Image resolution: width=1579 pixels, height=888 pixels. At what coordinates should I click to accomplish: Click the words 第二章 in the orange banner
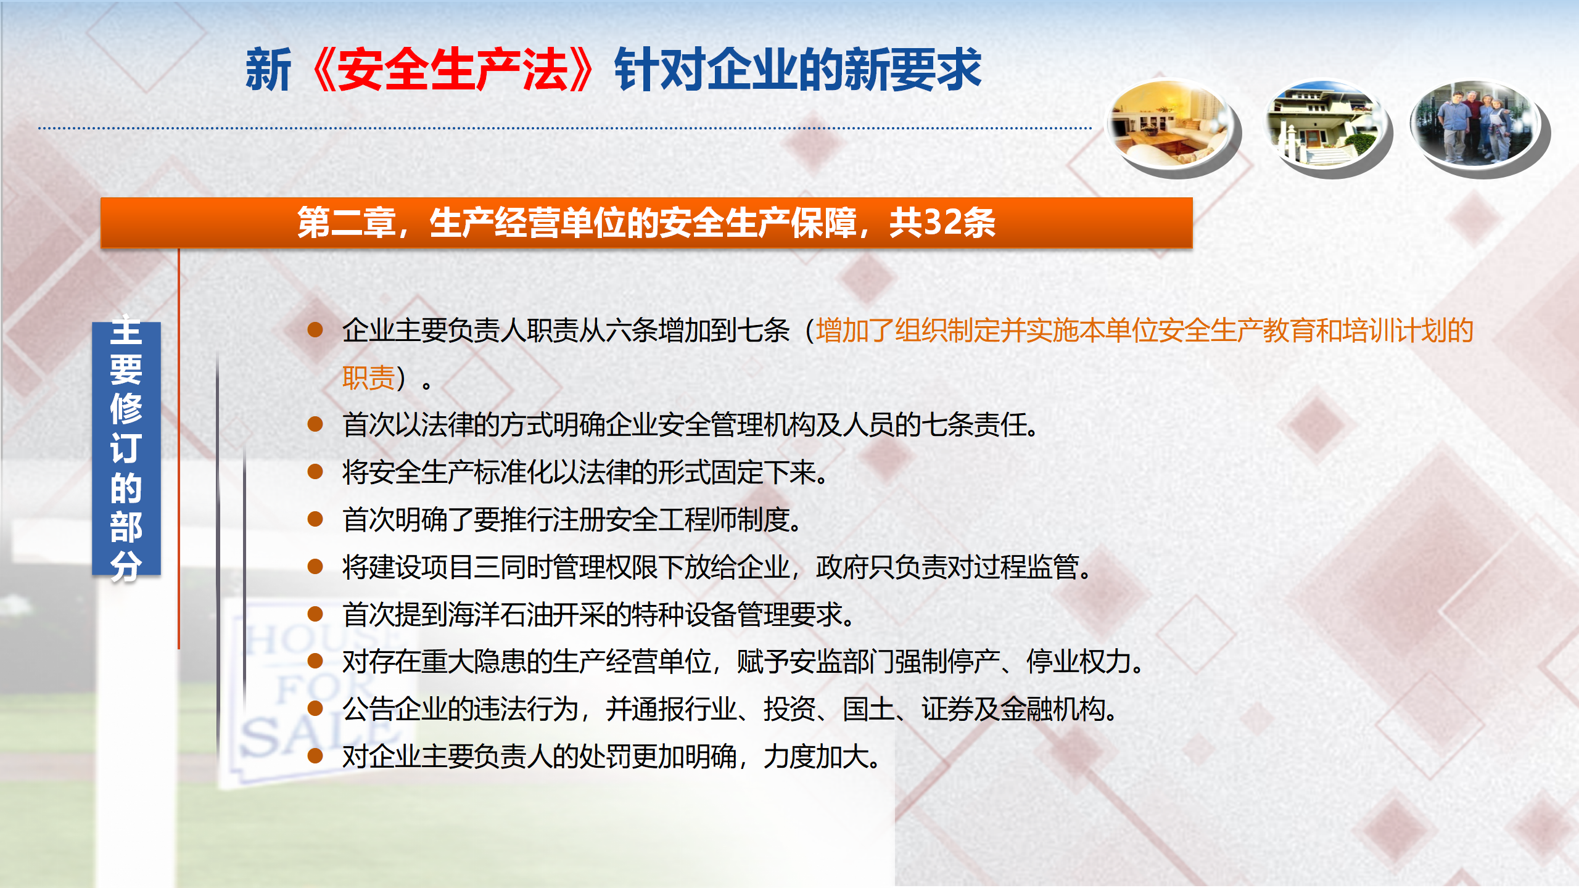point(346,223)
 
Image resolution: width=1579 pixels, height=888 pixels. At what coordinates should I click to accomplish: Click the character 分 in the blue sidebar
point(126,565)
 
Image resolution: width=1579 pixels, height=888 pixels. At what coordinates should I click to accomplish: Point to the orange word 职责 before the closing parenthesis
point(368,377)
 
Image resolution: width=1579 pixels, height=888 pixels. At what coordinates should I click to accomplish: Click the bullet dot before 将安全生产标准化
point(315,472)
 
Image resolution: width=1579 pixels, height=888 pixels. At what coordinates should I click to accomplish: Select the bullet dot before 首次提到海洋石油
point(315,614)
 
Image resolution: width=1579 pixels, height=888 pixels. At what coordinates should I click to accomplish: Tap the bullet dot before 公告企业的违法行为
point(315,708)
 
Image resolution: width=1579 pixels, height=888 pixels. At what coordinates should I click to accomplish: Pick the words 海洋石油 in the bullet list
point(500,614)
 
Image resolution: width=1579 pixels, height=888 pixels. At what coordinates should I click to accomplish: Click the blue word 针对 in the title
point(659,70)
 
